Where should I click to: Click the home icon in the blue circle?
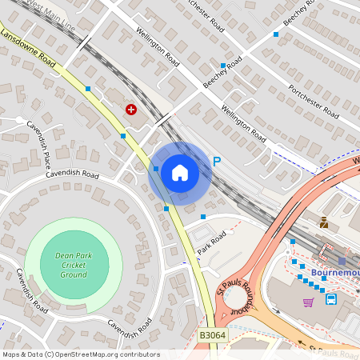tap(179, 173)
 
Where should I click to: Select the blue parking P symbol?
tap(216, 162)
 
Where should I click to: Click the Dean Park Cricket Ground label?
tap(73, 264)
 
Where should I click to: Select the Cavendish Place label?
tap(38, 140)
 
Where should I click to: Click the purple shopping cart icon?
tap(308, 302)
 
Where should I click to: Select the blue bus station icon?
tap(331, 299)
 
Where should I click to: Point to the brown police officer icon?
tap(324, 222)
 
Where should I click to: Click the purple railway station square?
tap(342, 261)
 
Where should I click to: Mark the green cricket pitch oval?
tap(73, 265)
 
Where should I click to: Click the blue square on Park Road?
tap(203, 217)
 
